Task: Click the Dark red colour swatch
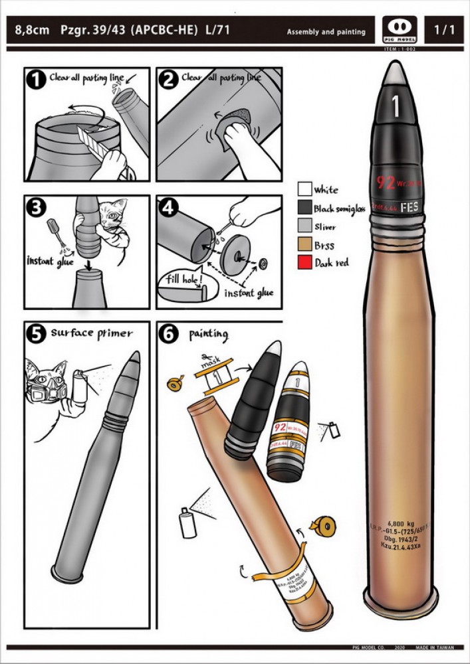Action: coord(304,264)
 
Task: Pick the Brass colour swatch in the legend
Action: coord(304,245)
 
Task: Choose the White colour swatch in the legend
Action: coord(304,189)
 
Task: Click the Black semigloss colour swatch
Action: coord(304,208)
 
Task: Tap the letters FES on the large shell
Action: coord(410,207)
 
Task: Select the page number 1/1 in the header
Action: coord(443,31)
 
